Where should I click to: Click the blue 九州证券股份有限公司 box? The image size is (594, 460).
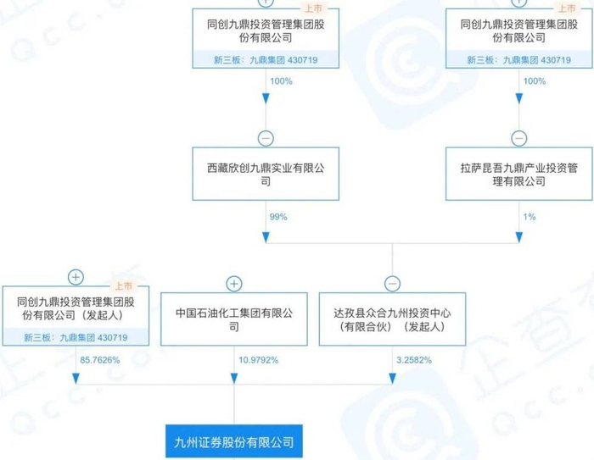[x=233, y=441]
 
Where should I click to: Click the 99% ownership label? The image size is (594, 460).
[x=278, y=218]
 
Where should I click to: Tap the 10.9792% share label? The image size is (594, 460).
[x=251, y=361]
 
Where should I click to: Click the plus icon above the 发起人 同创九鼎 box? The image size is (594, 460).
[x=76, y=276]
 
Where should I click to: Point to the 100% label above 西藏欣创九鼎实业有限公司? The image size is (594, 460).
[x=282, y=81]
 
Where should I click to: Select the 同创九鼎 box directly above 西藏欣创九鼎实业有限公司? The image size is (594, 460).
[x=266, y=31]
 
